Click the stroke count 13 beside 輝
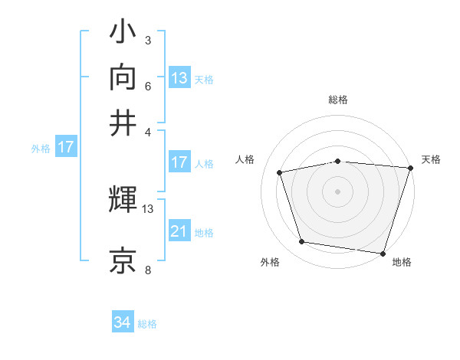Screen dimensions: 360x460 149,208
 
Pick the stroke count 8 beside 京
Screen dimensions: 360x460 149,270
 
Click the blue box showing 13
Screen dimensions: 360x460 179,77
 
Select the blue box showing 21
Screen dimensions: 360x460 179,231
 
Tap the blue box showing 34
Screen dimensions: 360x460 123,323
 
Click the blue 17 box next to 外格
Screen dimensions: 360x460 65,147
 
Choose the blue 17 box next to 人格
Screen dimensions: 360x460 179,162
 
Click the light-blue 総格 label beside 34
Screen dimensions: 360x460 147,324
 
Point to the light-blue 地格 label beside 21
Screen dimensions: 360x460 204,232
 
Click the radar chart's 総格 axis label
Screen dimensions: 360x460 338,100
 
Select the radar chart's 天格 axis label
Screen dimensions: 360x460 432,159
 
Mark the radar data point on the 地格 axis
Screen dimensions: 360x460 383,252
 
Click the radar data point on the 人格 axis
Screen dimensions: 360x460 281,172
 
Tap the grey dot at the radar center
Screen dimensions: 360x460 338,191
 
